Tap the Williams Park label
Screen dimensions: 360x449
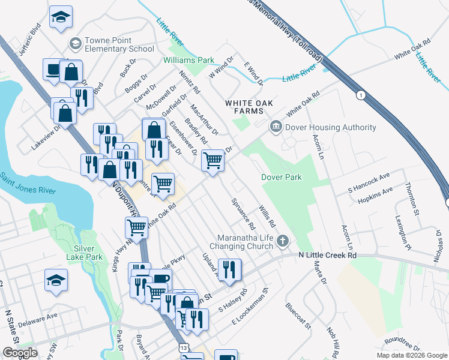189,61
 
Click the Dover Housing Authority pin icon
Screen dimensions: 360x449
276,127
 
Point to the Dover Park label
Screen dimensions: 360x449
281,177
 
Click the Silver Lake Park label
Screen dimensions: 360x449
89,253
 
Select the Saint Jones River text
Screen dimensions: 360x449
27,185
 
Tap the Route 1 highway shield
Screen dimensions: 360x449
360,95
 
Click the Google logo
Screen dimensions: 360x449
20,353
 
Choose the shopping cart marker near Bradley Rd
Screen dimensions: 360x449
213,161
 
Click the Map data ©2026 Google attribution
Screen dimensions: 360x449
412,355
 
